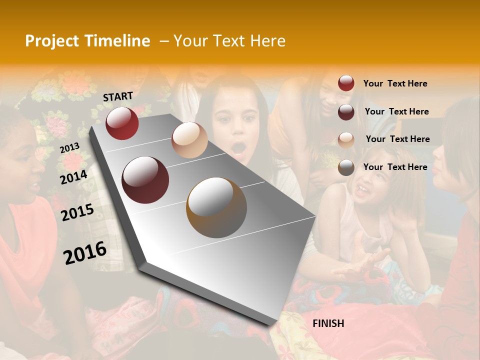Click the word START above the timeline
click(x=118, y=96)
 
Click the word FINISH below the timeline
click(x=328, y=323)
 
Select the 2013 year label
click(x=69, y=148)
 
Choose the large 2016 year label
click(x=85, y=252)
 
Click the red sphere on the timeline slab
click(x=122, y=123)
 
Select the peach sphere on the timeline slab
click(x=189, y=140)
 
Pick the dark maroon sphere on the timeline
click(x=145, y=180)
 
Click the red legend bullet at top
click(x=346, y=83)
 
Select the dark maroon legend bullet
click(x=346, y=112)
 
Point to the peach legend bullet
click(x=346, y=139)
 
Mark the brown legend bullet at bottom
click(x=346, y=167)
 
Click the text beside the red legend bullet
click(x=395, y=83)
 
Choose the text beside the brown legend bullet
click(x=395, y=167)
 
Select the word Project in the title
click(x=51, y=41)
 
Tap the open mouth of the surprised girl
click(x=238, y=148)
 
